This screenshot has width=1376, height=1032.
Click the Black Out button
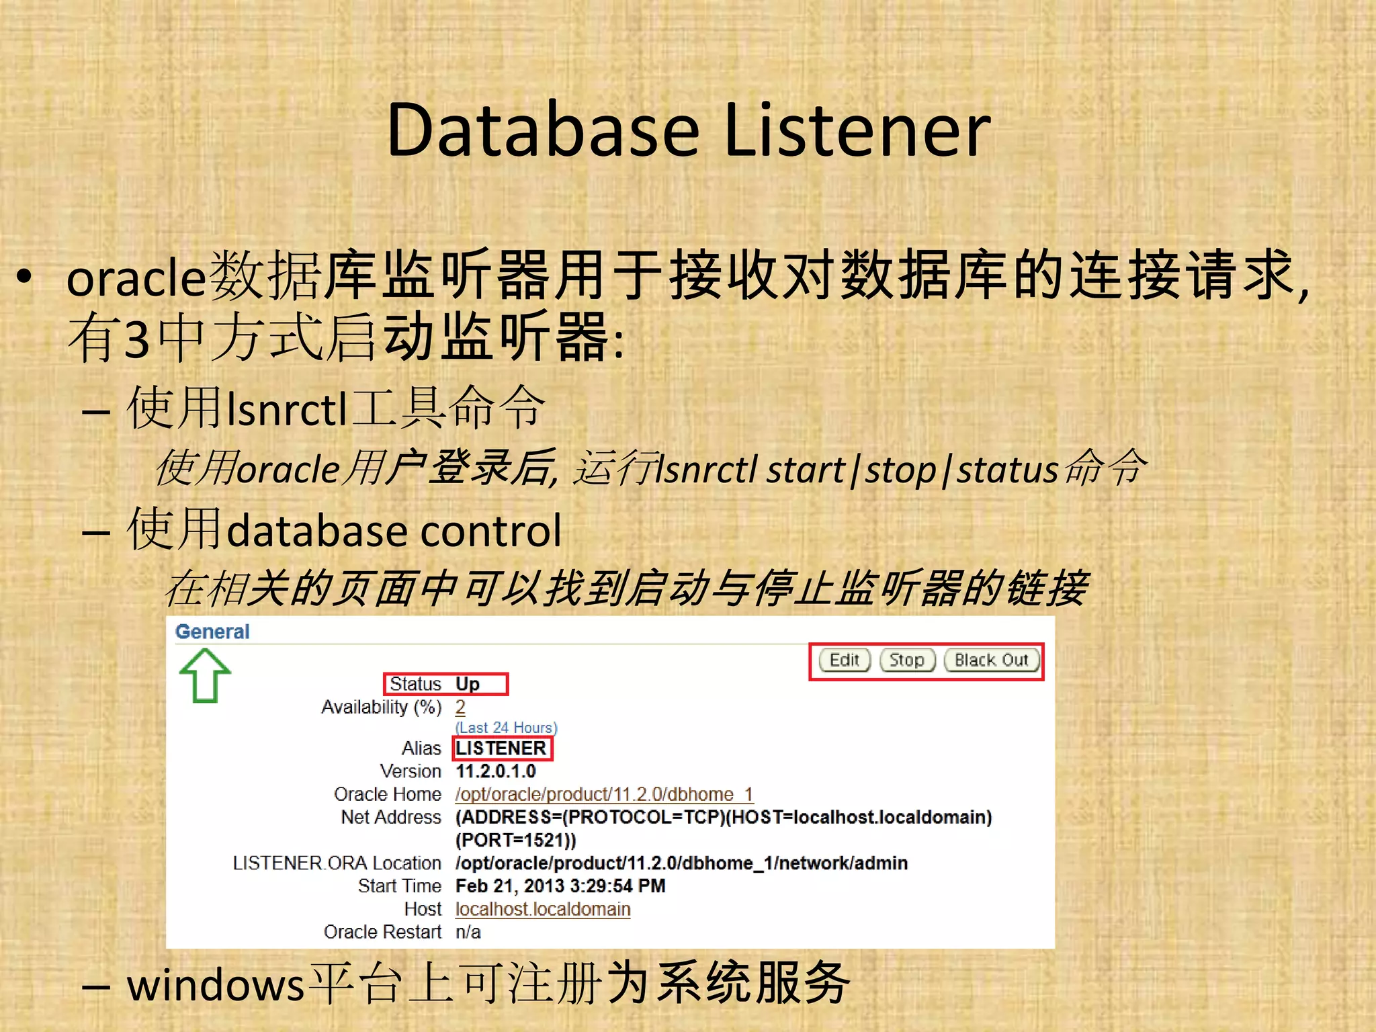pos(991,660)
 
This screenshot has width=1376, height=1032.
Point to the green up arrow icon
pos(205,675)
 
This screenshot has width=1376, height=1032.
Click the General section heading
pos(212,632)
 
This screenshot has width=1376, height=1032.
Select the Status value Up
pos(468,684)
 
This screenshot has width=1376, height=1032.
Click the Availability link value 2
pos(460,707)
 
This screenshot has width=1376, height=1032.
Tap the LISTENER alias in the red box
pos(501,748)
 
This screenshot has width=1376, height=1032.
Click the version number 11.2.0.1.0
pos(496,771)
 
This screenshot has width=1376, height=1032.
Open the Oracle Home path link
pos(604,794)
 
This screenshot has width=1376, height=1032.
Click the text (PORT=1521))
pos(516,841)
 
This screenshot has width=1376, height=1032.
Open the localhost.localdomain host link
pos(543,909)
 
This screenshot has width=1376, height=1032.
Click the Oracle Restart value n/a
pos(468,933)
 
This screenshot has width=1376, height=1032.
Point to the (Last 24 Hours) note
pos(507,728)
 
